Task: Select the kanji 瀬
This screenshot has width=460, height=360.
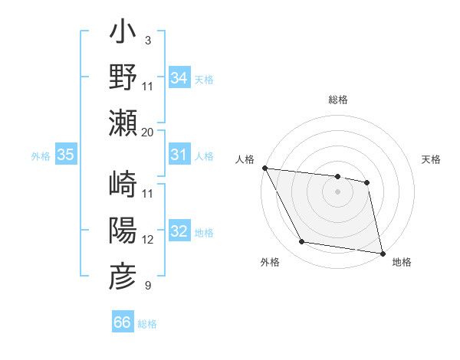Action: (x=123, y=122)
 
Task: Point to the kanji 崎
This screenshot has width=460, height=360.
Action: (x=123, y=185)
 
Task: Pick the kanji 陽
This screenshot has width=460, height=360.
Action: (x=123, y=231)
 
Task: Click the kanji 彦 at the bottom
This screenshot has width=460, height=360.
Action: (x=123, y=277)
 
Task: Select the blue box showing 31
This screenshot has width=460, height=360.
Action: (x=179, y=155)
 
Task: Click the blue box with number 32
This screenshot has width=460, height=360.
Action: (x=179, y=231)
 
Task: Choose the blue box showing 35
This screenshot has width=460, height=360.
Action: (x=66, y=155)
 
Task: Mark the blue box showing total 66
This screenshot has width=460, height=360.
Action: (x=123, y=322)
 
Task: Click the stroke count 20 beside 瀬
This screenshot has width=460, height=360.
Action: (x=148, y=132)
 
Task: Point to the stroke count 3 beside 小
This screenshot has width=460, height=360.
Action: (x=147, y=40)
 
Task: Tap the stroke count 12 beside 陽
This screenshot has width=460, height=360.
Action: (x=148, y=240)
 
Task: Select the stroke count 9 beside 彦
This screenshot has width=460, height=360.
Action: (x=147, y=286)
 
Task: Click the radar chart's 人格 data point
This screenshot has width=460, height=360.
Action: (x=265, y=168)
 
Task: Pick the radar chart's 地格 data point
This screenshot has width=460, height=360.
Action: (x=381, y=252)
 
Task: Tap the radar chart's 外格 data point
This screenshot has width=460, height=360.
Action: (x=302, y=242)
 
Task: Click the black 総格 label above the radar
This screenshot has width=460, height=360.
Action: (x=338, y=100)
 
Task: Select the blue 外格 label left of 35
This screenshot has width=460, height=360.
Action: (x=41, y=155)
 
